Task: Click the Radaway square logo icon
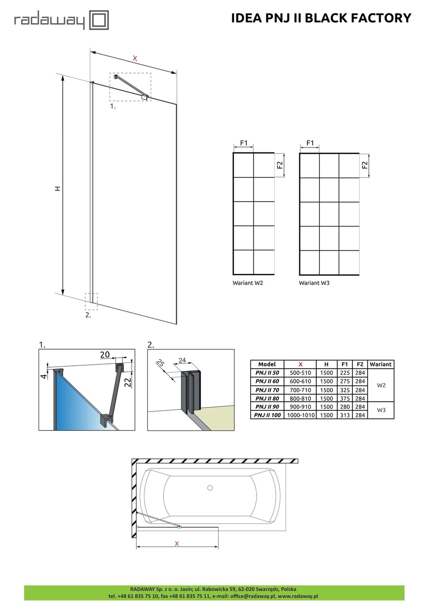coord(99,20)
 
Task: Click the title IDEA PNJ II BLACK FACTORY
coord(321,18)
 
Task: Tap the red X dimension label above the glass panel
coord(135,58)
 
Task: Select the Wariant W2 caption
coord(248,283)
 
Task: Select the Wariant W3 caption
coord(314,283)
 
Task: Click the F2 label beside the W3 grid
coord(365,165)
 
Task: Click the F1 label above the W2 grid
coord(243,143)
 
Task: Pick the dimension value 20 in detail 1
coord(105,354)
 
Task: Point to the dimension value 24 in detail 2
coord(182,360)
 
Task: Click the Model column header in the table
coord(267,364)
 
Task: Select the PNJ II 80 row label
coord(267,398)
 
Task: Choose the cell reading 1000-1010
coord(300,415)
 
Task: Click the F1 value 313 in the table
coord(345,415)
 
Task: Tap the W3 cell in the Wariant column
coord(381,411)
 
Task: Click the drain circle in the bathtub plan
coord(210,487)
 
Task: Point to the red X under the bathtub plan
coord(177,543)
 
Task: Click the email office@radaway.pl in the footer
coord(252,596)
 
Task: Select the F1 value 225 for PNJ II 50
coord(345,373)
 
